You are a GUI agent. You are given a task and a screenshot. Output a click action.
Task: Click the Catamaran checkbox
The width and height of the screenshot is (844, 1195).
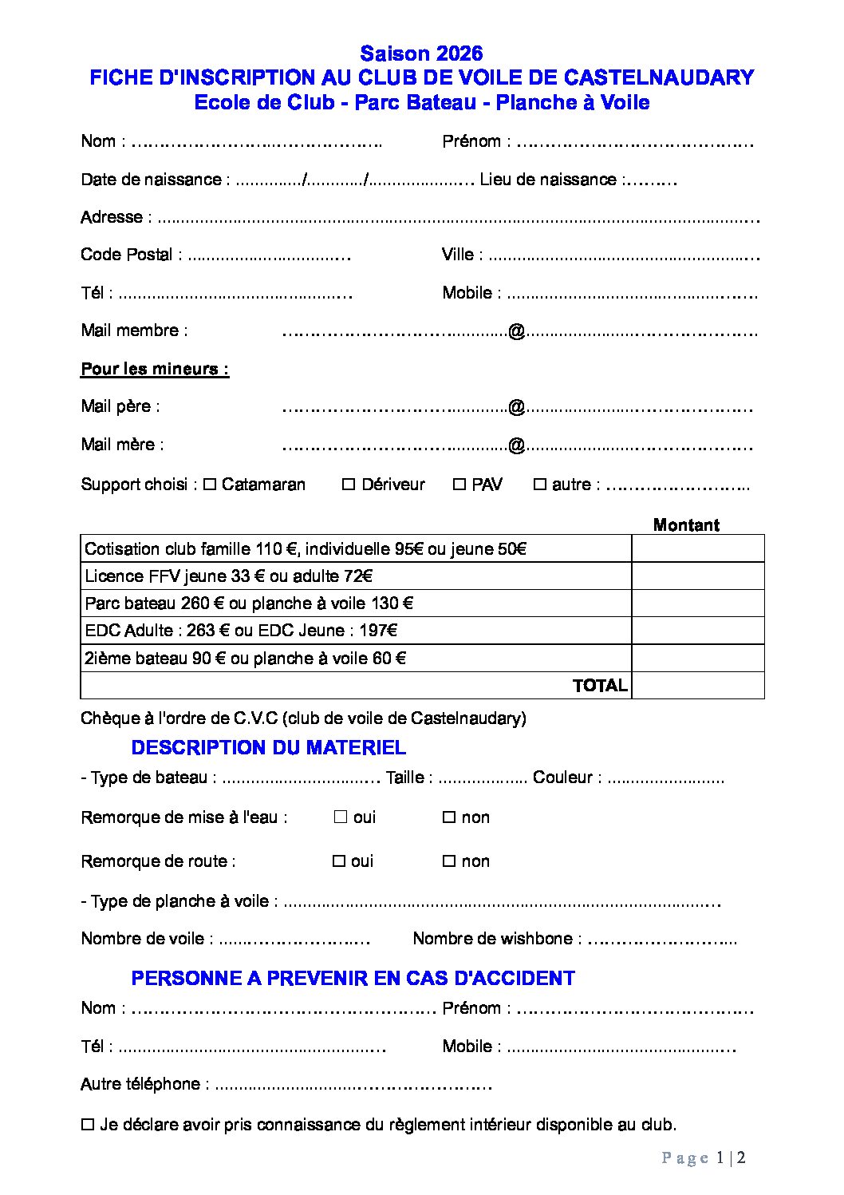(210, 485)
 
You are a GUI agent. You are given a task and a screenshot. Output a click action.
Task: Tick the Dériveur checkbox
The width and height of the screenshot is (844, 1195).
(349, 485)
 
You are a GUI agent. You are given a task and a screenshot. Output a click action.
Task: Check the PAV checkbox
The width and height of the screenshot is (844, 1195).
(459, 485)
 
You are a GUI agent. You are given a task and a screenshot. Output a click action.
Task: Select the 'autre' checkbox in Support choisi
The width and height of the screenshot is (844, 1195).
(540, 485)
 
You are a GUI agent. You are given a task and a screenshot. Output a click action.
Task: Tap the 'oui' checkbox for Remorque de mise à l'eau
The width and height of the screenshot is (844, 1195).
(341, 817)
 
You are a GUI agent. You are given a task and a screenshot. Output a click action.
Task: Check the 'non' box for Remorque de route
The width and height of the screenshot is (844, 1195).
(449, 861)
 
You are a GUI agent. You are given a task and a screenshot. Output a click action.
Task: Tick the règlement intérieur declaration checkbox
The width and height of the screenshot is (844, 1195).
(88, 1125)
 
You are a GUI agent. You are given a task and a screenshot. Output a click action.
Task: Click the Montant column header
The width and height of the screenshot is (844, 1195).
(686, 524)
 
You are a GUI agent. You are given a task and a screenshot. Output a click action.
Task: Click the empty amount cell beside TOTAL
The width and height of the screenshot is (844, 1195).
(698, 686)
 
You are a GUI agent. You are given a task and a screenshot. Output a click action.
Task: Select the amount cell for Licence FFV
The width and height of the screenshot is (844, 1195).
(698, 576)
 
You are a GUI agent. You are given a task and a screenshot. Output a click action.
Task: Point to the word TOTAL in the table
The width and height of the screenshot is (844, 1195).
(600, 686)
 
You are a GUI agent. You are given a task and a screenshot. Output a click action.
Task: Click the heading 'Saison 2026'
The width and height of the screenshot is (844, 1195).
(421, 53)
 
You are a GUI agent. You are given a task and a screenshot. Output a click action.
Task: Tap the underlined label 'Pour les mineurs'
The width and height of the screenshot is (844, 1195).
(155, 369)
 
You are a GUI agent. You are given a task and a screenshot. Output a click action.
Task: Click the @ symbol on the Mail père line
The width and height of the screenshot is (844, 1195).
(516, 407)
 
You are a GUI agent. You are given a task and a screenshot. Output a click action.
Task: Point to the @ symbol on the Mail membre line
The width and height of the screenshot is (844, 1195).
(516, 331)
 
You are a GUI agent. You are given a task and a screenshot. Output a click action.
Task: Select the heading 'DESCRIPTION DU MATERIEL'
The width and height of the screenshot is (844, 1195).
(268, 748)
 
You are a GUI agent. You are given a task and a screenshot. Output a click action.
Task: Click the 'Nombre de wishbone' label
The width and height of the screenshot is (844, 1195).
(492, 939)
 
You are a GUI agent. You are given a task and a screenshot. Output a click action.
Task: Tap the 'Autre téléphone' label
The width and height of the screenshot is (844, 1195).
(140, 1084)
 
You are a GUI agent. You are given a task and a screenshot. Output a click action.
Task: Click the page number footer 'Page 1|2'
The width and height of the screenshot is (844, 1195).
(704, 1157)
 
